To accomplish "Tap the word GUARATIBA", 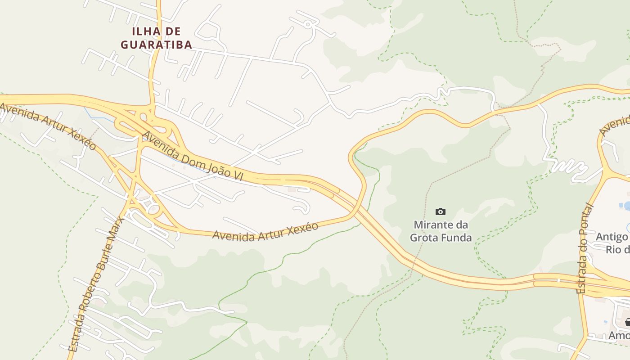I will [157, 45].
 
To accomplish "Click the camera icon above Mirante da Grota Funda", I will [441, 211].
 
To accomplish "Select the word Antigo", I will [611, 237].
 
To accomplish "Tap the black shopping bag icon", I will [628, 322].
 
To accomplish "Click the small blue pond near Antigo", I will [625, 207].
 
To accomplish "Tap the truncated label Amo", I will [619, 336].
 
